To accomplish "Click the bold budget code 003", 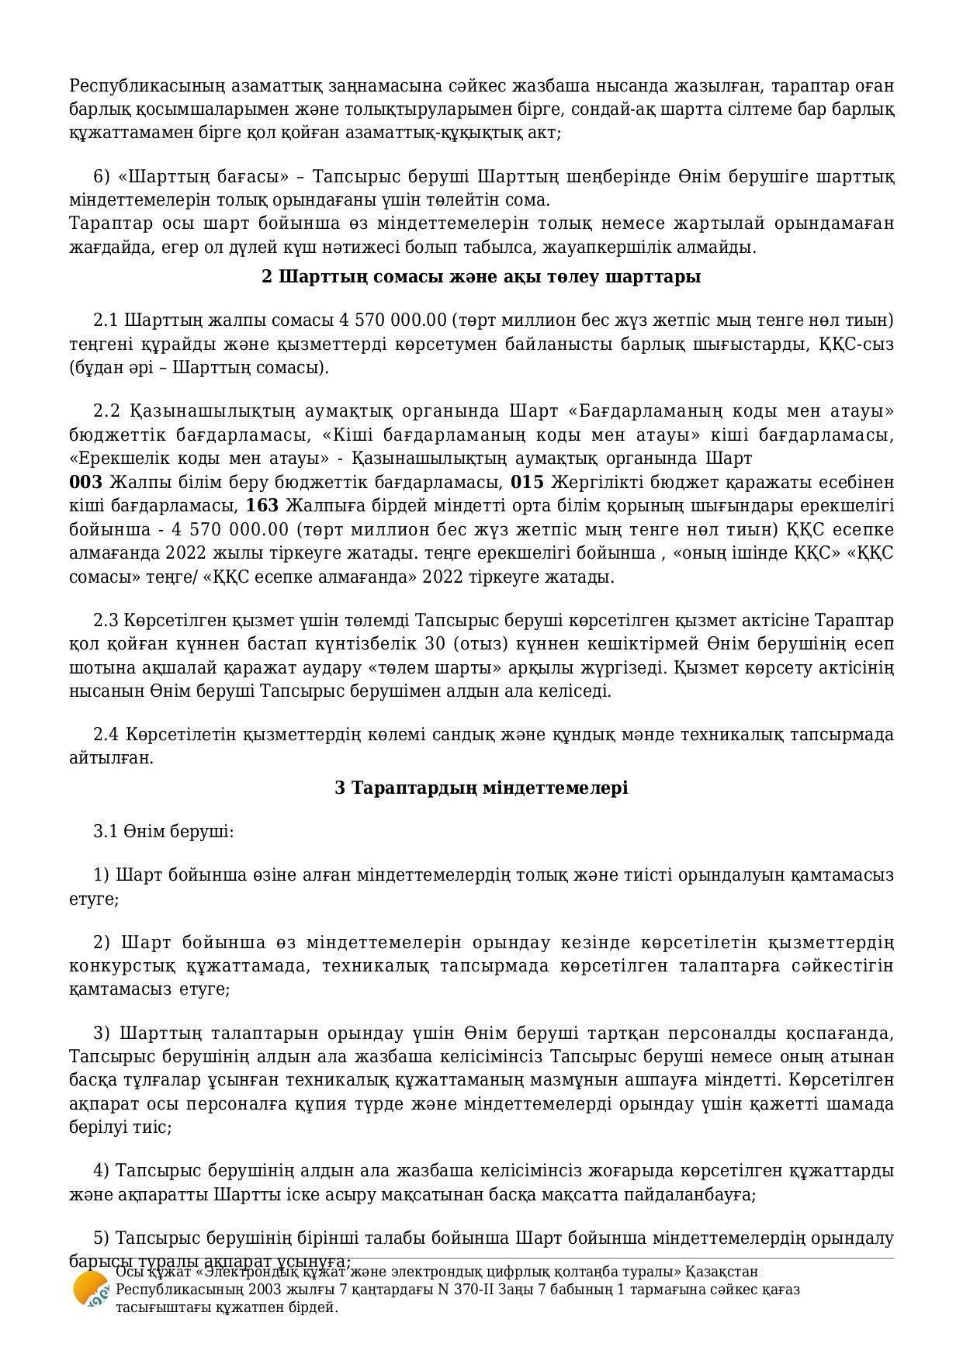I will click(x=85, y=483).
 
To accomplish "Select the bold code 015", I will click(x=527, y=483).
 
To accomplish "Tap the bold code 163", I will click(x=262, y=507).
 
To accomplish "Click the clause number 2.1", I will click(x=106, y=320).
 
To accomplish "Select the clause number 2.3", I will click(x=106, y=621).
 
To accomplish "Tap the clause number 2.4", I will click(x=106, y=734).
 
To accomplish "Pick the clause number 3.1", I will click(x=106, y=832).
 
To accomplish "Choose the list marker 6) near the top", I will click(x=102, y=177).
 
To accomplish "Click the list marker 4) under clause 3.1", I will click(x=102, y=1170).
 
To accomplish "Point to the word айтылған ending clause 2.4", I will click(x=111, y=758).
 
